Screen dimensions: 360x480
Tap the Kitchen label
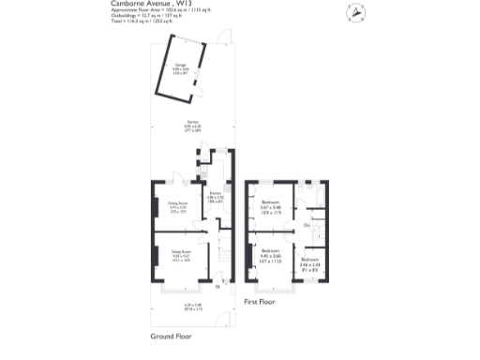tap(214, 198)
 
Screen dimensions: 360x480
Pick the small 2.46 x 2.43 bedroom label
tap(308, 264)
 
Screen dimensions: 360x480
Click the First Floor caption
tap(263, 303)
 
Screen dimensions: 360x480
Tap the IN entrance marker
tap(217, 287)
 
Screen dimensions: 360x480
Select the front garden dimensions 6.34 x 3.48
tap(194, 305)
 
